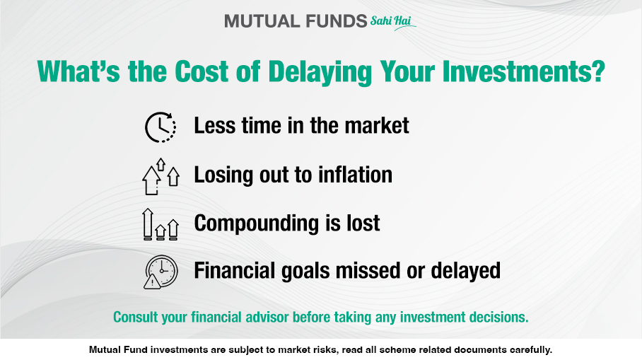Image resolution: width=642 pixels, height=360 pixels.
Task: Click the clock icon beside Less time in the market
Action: [x=160, y=127]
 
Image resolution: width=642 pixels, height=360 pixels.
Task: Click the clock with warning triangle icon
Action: [x=160, y=272]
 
